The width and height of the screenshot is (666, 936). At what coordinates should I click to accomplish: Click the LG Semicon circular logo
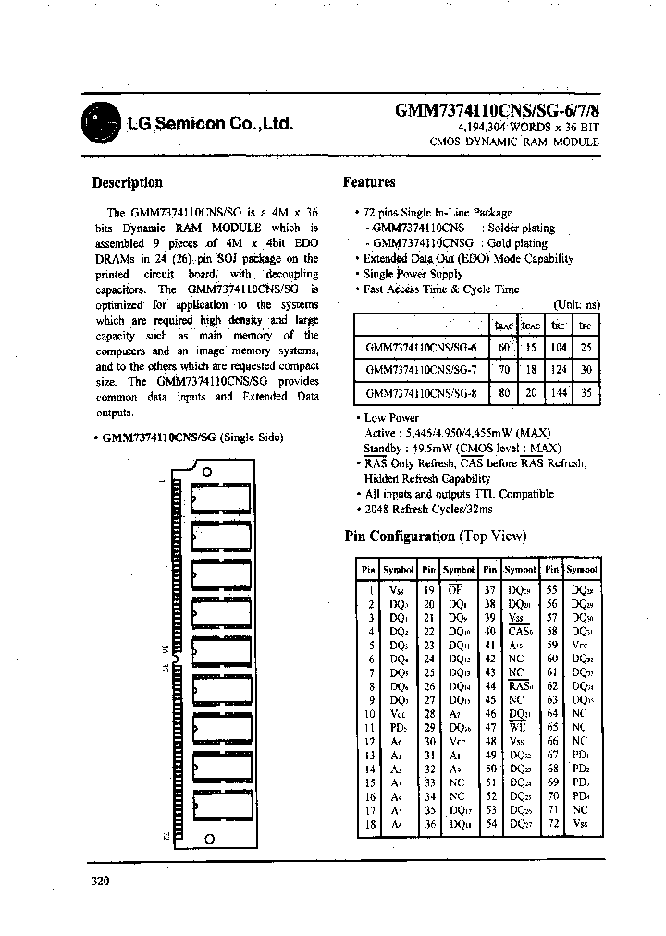(x=101, y=122)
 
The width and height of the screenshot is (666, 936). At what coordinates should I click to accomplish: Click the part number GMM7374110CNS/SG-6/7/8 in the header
(x=497, y=109)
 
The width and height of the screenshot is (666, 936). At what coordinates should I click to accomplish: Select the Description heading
(x=128, y=182)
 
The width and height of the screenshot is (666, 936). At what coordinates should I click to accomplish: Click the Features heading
(x=369, y=182)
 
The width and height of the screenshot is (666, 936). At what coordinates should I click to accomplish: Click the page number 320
(x=101, y=881)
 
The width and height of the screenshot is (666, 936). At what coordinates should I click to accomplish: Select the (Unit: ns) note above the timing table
(x=576, y=304)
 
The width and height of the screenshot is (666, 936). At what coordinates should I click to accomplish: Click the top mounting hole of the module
(x=206, y=471)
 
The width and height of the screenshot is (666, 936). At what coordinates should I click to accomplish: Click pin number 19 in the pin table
(x=429, y=589)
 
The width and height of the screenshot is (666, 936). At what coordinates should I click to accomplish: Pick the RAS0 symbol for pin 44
(x=521, y=685)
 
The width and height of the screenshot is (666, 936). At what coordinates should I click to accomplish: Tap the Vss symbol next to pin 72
(x=580, y=822)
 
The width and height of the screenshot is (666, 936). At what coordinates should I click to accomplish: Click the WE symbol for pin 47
(x=520, y=727)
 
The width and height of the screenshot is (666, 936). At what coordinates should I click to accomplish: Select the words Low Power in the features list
(x=392, y=418)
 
